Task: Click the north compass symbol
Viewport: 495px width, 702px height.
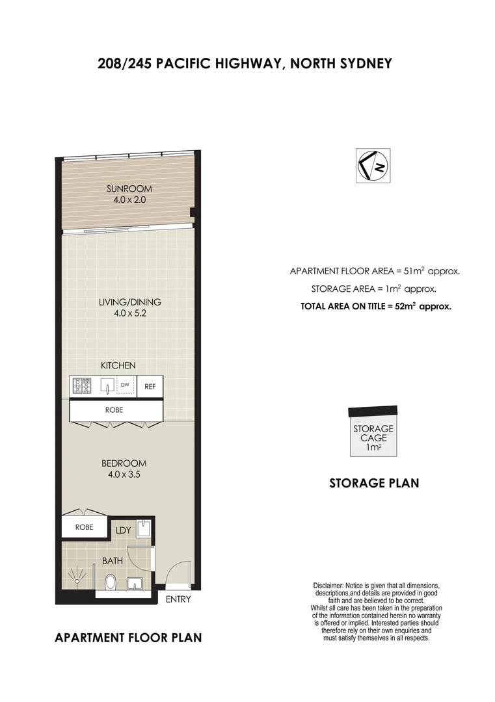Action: pyautogui.click(x=374, y=166)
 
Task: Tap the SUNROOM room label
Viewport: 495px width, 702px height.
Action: pyautogui.click(x=129, y=189)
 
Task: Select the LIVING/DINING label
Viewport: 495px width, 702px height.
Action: pyautogui.click(x=129, y=302)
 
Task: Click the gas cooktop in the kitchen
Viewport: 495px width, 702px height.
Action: pyautogui.click(x=83, y=387)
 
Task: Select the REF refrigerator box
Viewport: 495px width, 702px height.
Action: pyautogui.click(x=150, y=387)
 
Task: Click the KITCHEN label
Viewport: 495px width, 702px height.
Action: pyautogui.click(x=118, y=366)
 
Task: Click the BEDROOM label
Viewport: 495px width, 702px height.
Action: pyautogui.click(x=124, y=463)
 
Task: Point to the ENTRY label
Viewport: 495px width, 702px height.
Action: pyautogui.click(x=178, y=599)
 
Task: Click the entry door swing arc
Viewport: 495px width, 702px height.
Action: pyautogui.click(x=176, y=572)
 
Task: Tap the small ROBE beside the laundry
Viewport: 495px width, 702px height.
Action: pyautogui.click(x=83, y=527)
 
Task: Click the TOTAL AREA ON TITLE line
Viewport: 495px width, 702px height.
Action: pyautogui.click(x=375, y=305)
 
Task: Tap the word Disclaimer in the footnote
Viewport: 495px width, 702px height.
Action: pyautogui.click(x=328, y=586)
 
